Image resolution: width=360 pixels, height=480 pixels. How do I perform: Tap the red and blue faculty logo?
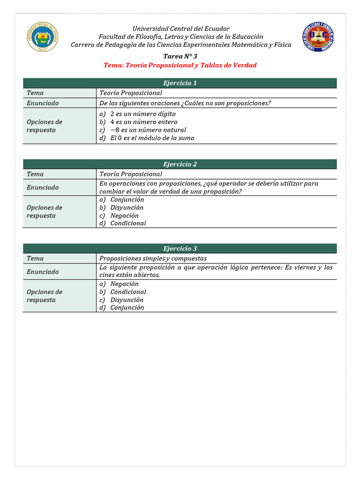pyautogui.click(x=318, y=37)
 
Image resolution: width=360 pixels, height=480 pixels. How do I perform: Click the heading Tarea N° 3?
pyautogui.click(x=180, y=56)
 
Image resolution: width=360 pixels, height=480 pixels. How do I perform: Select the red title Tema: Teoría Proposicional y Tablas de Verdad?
pyautogui.click(x=180, y=65)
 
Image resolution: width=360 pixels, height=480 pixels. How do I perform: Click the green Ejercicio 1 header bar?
pyautogui.click(x=180, y=83)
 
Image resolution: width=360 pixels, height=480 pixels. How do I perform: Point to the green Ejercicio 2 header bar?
pyautogui.click(x=180, y=164)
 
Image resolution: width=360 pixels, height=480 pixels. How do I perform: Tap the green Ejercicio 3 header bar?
pyautogui.click(x=180, y=248)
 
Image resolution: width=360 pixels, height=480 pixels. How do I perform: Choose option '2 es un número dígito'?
pyautogui.click(x=142, y=114)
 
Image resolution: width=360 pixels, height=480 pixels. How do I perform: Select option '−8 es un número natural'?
pyautogui.click(x=148, y=130)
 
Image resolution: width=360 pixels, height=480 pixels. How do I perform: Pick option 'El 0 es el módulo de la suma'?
pyautogui.click(x=152, y=138)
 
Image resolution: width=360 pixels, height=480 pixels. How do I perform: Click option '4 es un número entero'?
pyautogui.click(x=143, y=122)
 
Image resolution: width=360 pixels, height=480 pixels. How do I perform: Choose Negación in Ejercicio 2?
pyautogui.click(x=124, y=216)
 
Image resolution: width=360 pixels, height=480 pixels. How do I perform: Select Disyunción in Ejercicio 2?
pyautogui.click(x=127, y=208)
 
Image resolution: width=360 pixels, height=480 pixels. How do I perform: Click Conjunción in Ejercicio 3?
pyautogui.click(x=127, y=307)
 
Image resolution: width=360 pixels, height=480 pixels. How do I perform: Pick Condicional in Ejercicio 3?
pyautogui.click(x=128, y=292)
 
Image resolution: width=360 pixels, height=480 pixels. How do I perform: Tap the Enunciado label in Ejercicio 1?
pyautogui.click(x=43, y=103)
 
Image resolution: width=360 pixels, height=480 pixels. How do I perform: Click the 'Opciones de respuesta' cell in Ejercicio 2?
pyautogui.click(x=45, y=211)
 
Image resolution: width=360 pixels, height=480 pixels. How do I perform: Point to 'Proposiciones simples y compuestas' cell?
pyautogui.click(x=153, y=258)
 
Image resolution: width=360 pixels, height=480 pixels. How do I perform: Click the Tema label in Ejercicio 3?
pyautogui.click(x=35, y=258)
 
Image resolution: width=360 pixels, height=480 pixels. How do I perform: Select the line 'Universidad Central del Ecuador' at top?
pyautogui.click(x=180, y=29)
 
